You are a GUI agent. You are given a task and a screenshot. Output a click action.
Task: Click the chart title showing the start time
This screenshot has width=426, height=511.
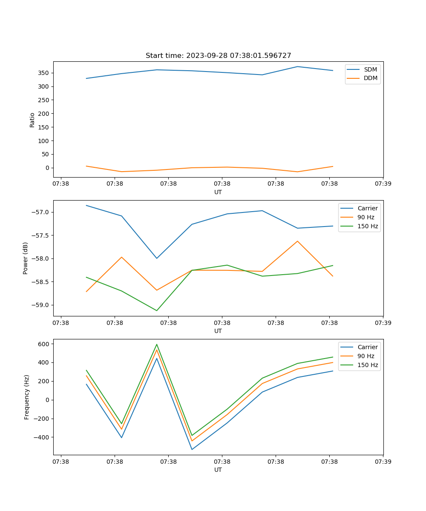click(218, 56)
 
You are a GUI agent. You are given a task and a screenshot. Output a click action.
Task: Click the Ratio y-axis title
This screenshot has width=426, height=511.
click(32, 120)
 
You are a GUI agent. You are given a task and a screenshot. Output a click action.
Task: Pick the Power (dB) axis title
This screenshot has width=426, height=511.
click(26, 258)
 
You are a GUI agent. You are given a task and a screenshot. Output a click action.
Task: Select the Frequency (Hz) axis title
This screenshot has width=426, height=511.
click(27, 397)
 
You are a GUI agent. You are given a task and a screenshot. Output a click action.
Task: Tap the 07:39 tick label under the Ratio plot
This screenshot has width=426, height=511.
click(383, 184)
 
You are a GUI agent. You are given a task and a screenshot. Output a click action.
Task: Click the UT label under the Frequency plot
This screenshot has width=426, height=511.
click(218, 470)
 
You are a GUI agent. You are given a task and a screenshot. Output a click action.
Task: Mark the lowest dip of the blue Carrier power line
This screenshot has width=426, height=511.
click(157, 258)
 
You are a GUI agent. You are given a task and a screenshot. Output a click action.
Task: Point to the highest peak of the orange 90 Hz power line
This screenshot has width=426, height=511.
click(297, 241)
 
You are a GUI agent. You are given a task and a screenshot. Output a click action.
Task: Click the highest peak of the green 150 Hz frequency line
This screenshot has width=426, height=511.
click(157, 344)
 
